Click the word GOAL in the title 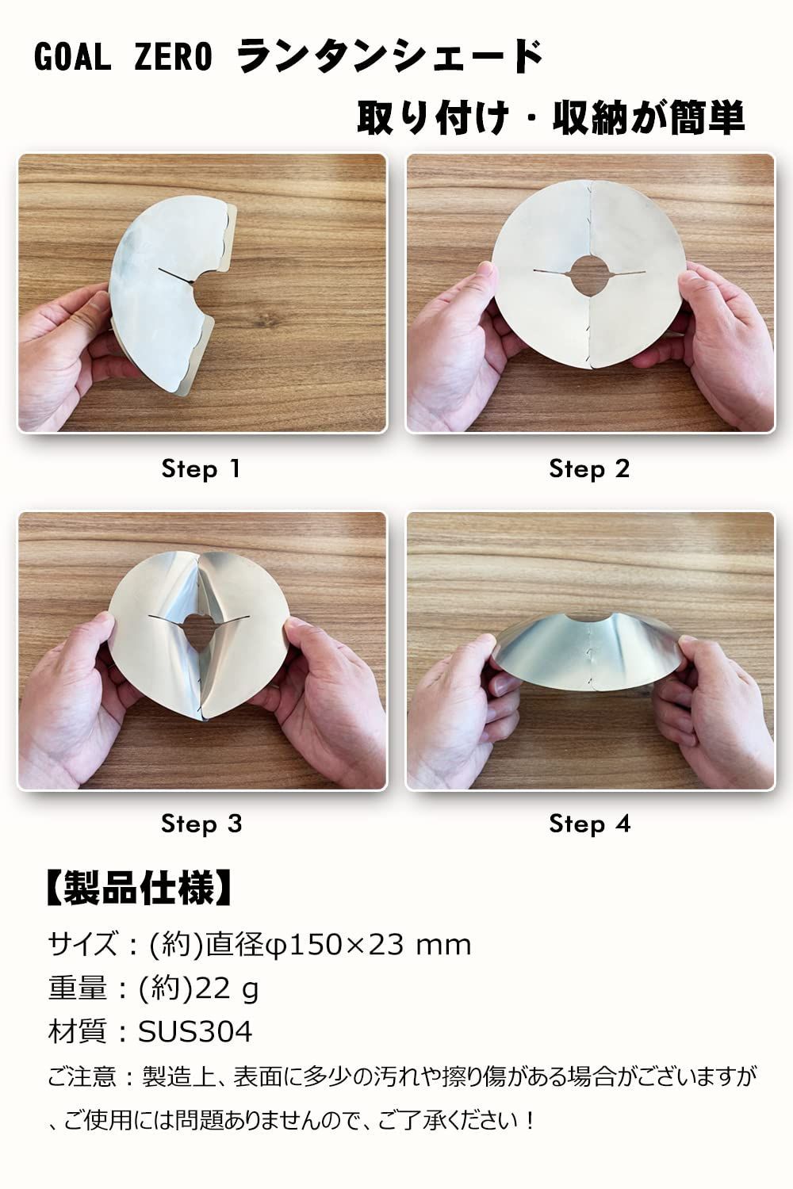[73, 57]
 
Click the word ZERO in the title [173, 57]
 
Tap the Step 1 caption [201, 469]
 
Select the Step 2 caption [589, 469]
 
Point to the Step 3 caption [201, 824]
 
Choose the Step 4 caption [589, 824]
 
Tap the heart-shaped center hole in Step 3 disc [199, 629]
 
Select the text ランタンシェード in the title [390, 56]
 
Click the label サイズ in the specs [82, 946]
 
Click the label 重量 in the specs [78, 988]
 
